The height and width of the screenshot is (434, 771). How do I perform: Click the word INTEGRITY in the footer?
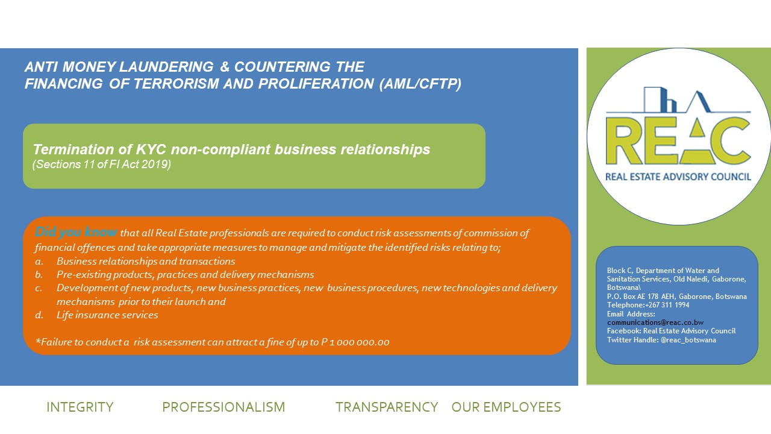pos(80,407)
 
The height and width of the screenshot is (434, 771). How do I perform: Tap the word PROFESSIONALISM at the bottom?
pos(223,407)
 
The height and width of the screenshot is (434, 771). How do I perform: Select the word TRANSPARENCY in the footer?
pos(387,407)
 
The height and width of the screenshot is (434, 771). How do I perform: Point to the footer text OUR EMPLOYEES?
pos(507,407)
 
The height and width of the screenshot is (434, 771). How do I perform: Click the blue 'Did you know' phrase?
pos(76,232)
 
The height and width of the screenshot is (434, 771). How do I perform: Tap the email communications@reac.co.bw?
pos(655,322)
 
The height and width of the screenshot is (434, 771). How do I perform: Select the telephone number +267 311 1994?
pos(667,305)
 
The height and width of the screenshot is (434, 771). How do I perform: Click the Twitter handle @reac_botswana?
pos(688,340)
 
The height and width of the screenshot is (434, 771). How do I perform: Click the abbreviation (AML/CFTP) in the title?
pos(420,84)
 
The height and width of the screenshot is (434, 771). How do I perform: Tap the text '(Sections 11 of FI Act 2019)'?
pos(102,165)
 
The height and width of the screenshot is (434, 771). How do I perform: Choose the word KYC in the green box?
pos(151,149)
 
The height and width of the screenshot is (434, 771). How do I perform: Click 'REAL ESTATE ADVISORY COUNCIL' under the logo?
pos(678,177)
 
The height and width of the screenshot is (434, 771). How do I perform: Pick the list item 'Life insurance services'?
pos(107,315)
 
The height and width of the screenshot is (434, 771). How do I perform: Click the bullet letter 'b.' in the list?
pos(39,274)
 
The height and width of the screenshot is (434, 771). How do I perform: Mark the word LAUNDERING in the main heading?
pos(167,67)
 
